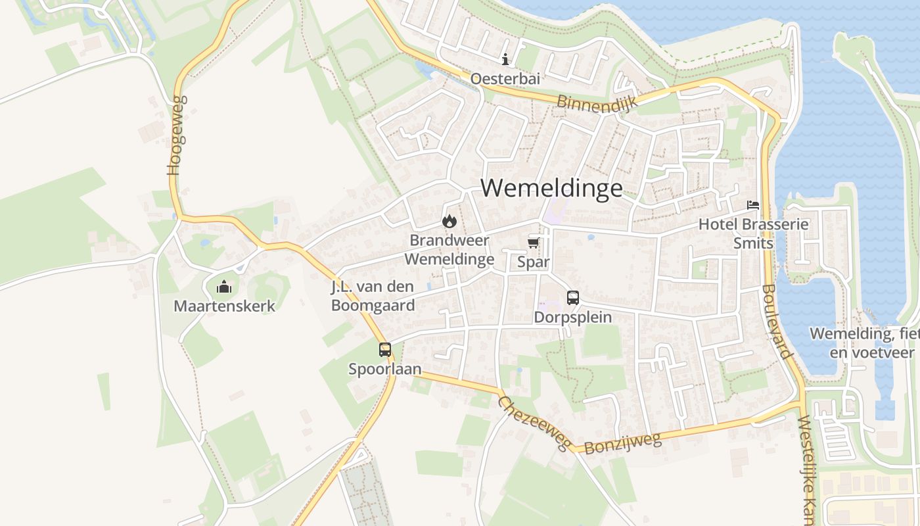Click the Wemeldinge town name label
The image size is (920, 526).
pos(551,188)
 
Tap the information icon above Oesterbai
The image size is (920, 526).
pos(505,60)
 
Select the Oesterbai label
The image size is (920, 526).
pos(505,79)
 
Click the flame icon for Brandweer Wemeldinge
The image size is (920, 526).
pos(449,221)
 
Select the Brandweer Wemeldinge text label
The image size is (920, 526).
pos(449,250)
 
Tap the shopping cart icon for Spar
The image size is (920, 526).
pos(534,244)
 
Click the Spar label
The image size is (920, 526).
pos(534,262)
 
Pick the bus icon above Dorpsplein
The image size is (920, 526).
pos(573,298)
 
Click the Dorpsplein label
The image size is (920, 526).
pos(573,317)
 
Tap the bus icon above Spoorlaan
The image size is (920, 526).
pos(385,350)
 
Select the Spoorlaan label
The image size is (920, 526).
pos(385,369)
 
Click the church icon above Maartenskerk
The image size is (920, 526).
pos(224,287)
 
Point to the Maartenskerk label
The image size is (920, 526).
pos(224,306)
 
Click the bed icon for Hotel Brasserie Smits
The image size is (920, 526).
pos(753,205)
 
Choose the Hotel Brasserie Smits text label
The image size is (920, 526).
pos(753,233)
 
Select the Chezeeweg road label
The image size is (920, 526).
pos(534,423)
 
